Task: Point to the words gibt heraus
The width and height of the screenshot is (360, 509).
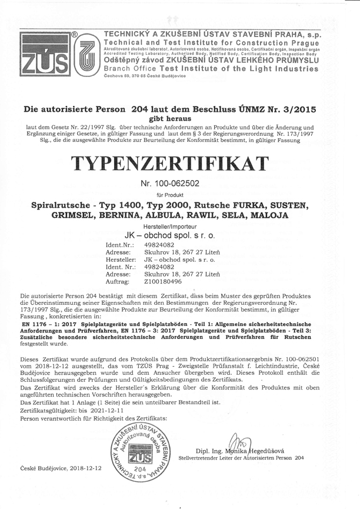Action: pos(179,118)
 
